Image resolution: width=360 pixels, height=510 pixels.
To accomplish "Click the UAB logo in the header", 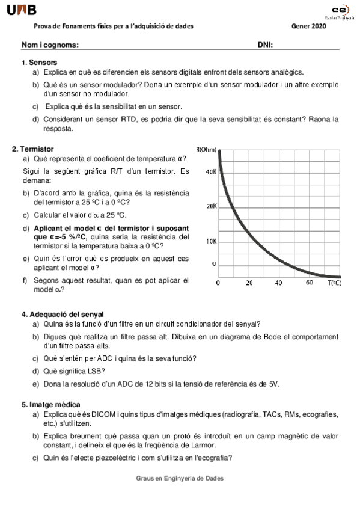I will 22,10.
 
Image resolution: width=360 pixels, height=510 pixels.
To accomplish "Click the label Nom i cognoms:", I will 50,45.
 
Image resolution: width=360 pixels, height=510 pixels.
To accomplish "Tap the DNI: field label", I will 266,45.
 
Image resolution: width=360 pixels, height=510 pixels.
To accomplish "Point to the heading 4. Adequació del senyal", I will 63,314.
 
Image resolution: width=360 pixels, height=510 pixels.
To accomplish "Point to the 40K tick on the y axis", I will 211,171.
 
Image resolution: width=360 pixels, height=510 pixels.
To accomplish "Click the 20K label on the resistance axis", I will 211,206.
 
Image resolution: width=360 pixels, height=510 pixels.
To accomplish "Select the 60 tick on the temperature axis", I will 309,283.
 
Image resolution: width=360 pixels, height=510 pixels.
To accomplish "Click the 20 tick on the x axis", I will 249,283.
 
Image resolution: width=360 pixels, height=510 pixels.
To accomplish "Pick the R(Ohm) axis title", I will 206,150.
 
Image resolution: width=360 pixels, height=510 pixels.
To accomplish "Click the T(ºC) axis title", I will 334,283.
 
